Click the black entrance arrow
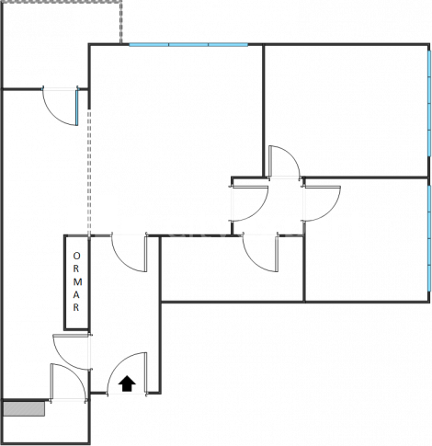(127, 383)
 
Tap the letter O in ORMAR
(76, 256)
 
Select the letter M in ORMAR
(77, 281)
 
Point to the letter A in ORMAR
(76, 295)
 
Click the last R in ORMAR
(76, 307)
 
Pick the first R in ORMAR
(76, 269)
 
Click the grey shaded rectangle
(24, 409)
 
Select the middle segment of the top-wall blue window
(188, 45)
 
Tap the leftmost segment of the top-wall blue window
(149, 45)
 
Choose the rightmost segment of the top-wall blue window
(228, 45)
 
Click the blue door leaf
(76, 108)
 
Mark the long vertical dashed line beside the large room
(89, 173)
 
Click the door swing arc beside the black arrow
(118, 360)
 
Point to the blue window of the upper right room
(429, 103)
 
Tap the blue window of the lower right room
(429, 238)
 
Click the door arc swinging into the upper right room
(291, 155)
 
